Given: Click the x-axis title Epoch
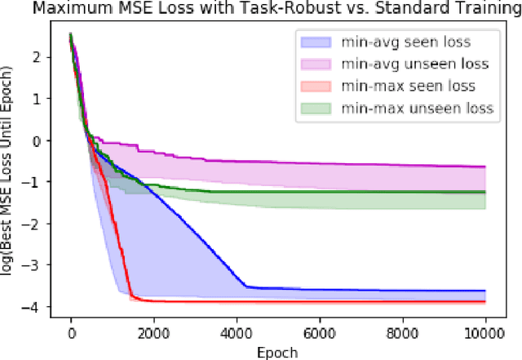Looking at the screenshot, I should (x=277, y=353).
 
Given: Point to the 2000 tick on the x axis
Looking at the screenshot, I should (x=154, y=334).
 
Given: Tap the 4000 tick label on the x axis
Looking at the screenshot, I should (x=237, y=334).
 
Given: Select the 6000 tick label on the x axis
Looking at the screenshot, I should (x=321, y=334).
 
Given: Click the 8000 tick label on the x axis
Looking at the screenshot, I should (x=404, y=334).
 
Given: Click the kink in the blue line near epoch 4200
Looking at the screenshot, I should (x=246, y=286).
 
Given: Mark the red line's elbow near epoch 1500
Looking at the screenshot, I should (x=131, y=297).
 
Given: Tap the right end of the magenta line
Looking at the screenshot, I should (x=486, y=167).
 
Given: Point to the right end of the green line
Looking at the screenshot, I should (x=486, y=193).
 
